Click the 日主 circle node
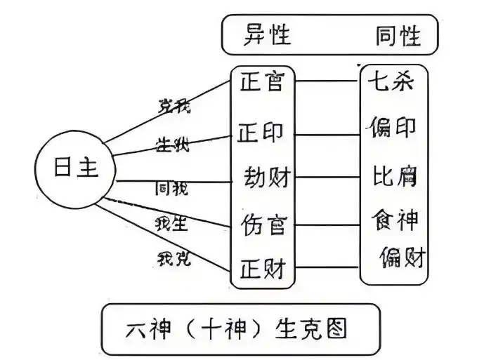point(76,168)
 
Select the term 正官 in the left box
point(261,83)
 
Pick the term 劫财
point(266,176)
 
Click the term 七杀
point(390,82)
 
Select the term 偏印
point(391,128)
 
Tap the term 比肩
point(393,175)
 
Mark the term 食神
point(393,221)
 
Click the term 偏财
point(402,257)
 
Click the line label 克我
point(173,107)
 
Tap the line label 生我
point(171,145)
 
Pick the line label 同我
point(171,187)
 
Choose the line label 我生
point(171,223)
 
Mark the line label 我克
point(173,258)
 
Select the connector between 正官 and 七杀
point(327,81)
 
